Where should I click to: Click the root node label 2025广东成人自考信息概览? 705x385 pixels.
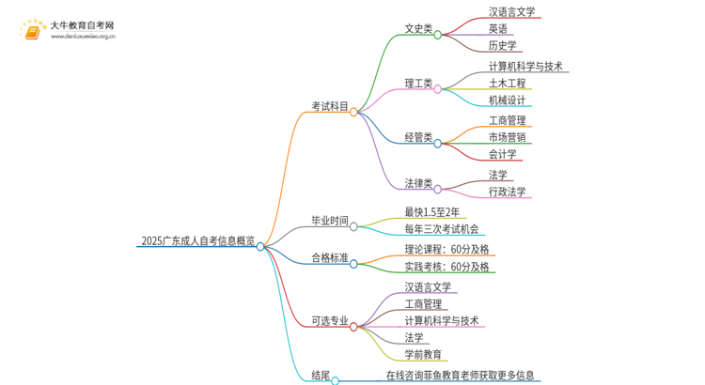[x=196, y=240]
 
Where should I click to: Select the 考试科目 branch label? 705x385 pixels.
[x=329, y=106]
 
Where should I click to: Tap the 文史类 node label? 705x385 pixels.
[x=417, y=29]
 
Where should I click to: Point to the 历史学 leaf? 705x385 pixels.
[x=502, y=45]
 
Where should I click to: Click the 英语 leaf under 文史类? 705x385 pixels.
[x=498, y=29]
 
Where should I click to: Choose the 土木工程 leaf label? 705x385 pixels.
[x=508, y=84]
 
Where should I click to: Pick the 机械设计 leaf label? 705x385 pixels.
[x=508, y=100]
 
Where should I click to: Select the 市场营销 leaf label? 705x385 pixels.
[x=508, y=137]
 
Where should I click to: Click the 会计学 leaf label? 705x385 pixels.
[x=502, y=154]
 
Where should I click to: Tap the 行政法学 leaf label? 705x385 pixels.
[x=508, y=192]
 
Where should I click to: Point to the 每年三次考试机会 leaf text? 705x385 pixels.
[x=441, y=229]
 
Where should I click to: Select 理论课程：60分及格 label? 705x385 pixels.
[x=446, y=249]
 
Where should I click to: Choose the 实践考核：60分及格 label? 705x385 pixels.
[x=446, y=267]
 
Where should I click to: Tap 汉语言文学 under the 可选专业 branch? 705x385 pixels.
[x=429, y=285]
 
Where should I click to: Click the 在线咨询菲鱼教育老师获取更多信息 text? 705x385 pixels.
[x=461, y=375]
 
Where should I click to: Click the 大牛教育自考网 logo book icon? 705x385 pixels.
[x=31, y=32]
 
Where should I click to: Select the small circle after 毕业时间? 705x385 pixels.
[x=353, y=226]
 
